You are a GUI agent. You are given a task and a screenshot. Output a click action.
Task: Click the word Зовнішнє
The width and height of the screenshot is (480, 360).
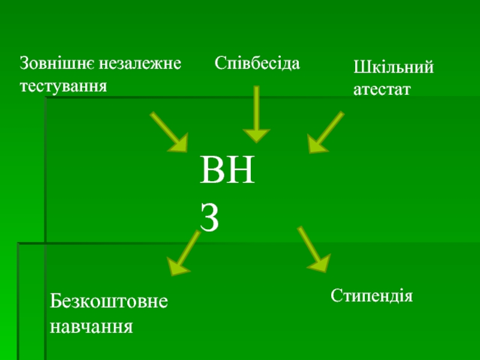tap(58, 62)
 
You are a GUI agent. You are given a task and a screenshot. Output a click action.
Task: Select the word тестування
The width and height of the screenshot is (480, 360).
tap(64, 86)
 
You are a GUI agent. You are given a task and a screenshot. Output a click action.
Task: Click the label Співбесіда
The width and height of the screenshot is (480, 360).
tap(257, 62)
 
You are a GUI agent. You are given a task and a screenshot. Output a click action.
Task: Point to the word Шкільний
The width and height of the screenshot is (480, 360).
tap(394, 67)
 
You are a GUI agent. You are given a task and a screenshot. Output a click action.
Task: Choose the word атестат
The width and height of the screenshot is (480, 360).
tap(382, 90)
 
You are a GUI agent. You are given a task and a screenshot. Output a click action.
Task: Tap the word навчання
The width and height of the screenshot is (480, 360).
tap(91, 327)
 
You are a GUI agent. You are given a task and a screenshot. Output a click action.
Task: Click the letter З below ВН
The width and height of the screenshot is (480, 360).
tap(210, 220)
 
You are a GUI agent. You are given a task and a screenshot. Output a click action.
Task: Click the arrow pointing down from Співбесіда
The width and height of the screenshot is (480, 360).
tap(257, 114)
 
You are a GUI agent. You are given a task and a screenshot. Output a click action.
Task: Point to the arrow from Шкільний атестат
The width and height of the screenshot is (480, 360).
tap(326, 131)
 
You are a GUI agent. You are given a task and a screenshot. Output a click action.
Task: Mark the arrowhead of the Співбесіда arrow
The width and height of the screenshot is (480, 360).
tap(257, 137)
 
